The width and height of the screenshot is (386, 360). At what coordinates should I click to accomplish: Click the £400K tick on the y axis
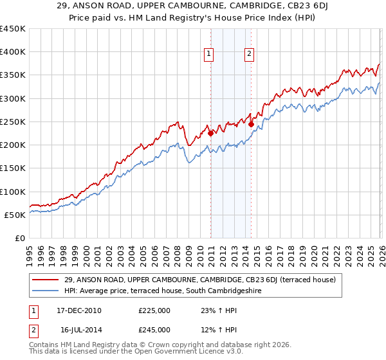click(13, 52)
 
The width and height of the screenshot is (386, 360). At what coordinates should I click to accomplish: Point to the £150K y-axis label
click(13, 168)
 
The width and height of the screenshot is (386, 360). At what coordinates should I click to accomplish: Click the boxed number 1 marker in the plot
click(210, 54)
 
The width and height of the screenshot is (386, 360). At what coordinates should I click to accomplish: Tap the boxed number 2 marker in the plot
click(249, 54)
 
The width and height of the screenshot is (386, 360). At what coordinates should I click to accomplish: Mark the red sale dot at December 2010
click(211, 134)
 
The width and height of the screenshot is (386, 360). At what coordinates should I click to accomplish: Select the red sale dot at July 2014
click(251, 125)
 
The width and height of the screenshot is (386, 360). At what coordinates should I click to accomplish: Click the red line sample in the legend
click(46, 280)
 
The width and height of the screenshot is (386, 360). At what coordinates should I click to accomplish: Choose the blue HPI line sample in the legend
click(46, 291)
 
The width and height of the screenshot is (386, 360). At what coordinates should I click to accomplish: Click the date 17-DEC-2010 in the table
click(79, 310)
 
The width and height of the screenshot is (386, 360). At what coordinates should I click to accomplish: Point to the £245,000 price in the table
click(154, 330)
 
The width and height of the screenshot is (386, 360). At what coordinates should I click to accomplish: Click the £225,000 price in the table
click(154, 310)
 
